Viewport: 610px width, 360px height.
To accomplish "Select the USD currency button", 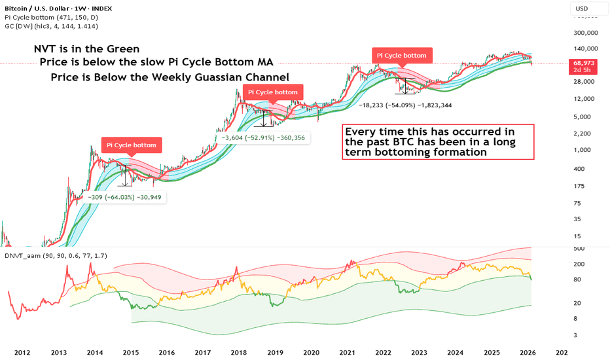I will [582, 9].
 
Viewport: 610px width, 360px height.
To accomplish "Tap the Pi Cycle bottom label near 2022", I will [403, 56].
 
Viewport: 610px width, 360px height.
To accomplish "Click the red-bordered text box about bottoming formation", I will [439, 141].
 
